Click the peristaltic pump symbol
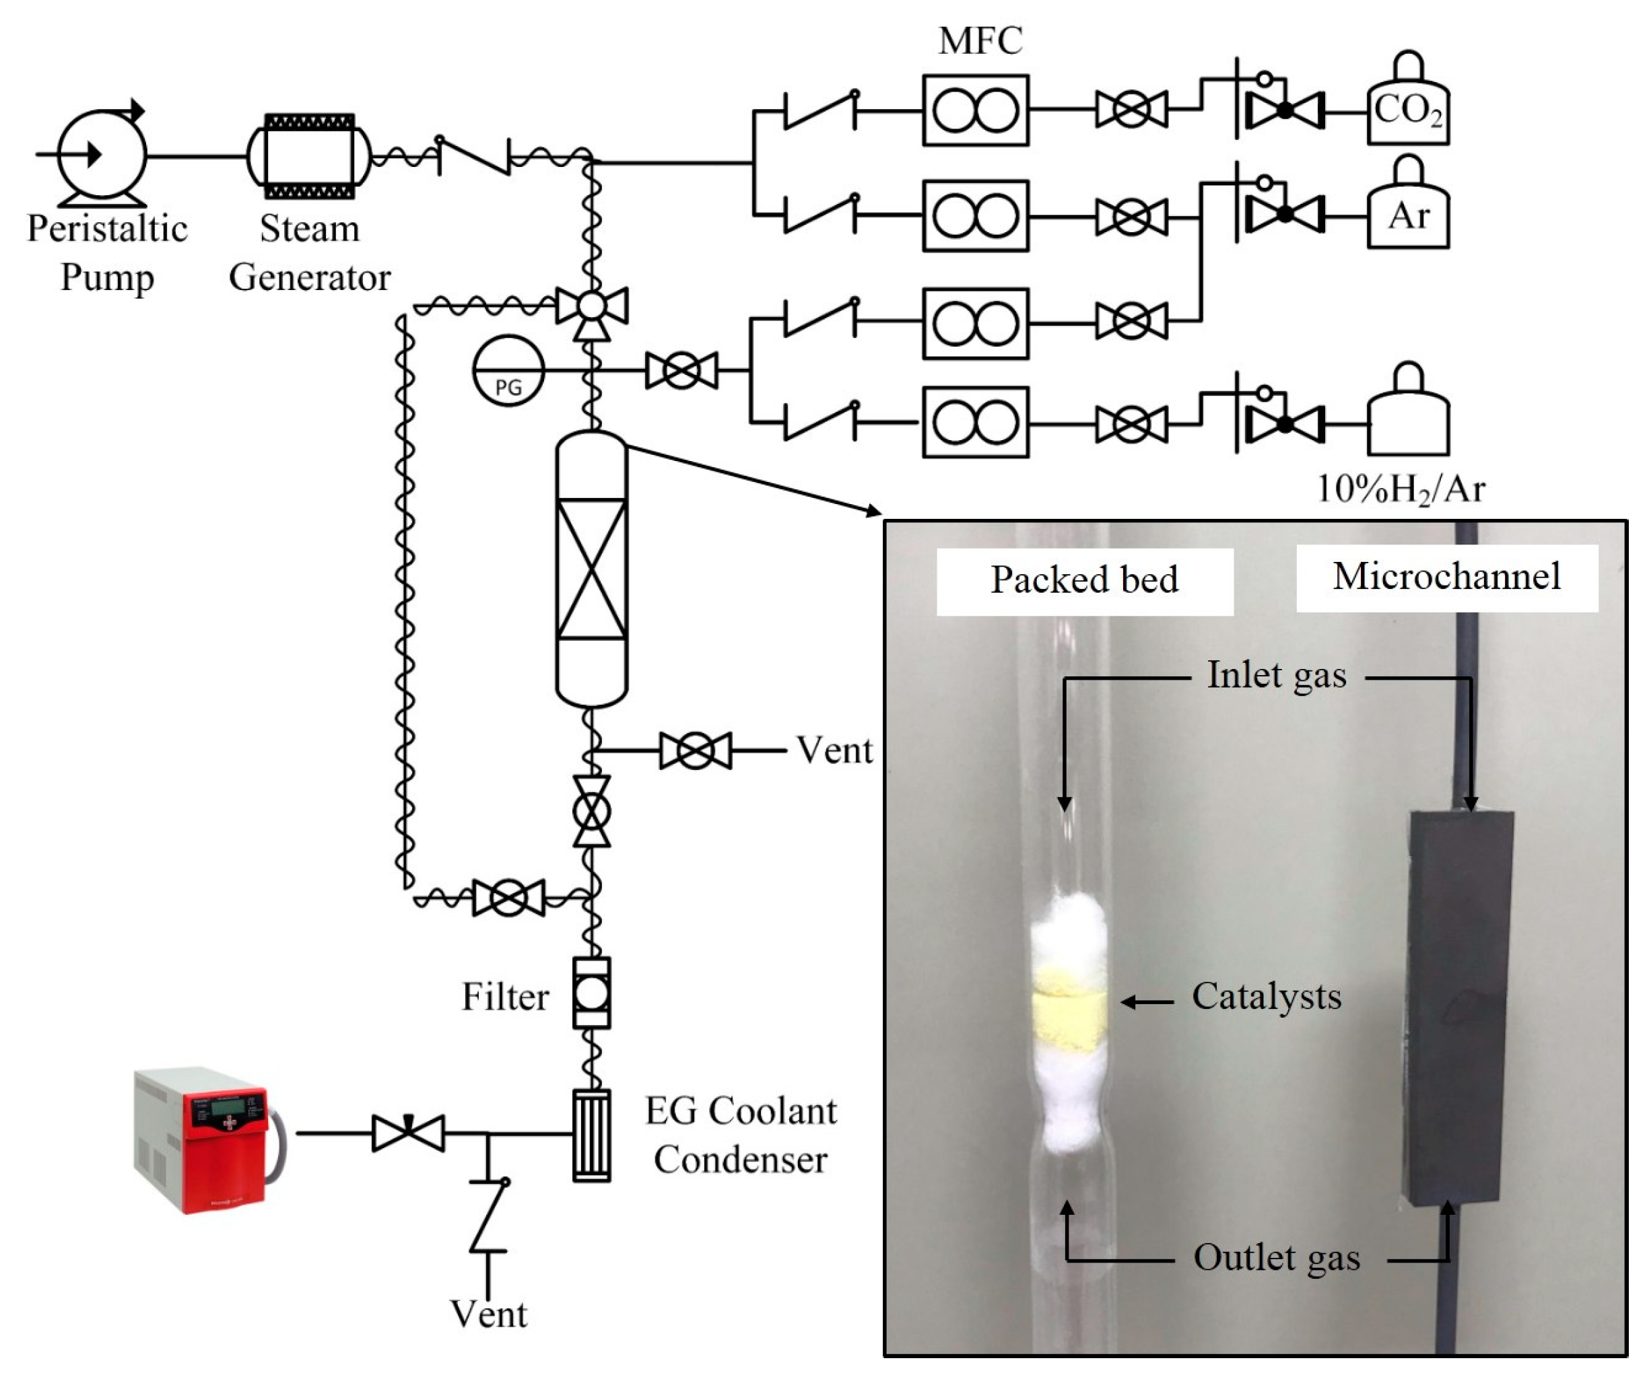102,154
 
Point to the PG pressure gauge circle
508,369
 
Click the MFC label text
980,40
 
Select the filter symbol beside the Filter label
591,993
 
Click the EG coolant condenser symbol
591,1135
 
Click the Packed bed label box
1084,580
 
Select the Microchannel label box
1446,577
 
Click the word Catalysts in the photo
1266,997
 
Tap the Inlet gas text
1276,675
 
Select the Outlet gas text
1276,1257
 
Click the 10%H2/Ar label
1401,489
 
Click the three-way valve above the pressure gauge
591,308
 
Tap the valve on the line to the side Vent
695,751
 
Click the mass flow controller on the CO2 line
975,110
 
